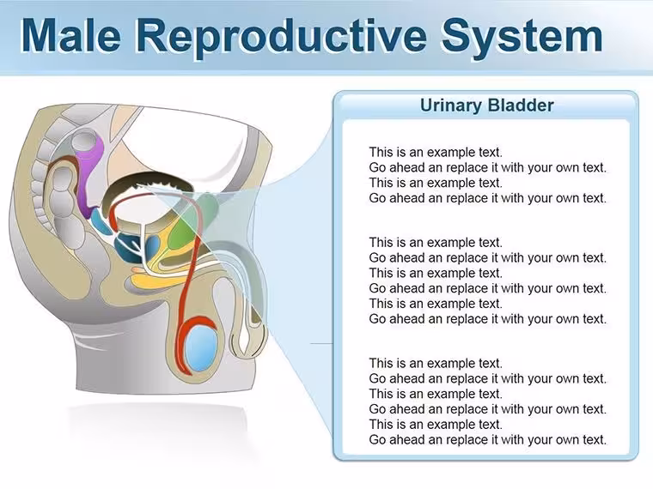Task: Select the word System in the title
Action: (x=522, y=37)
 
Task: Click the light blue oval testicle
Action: (x=201, y=347)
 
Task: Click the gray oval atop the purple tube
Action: (x=85, y=141)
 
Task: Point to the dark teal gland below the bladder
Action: (x=131, y=247)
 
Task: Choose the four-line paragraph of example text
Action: (x=487, y=175)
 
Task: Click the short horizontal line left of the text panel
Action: (x=322, y=344)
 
